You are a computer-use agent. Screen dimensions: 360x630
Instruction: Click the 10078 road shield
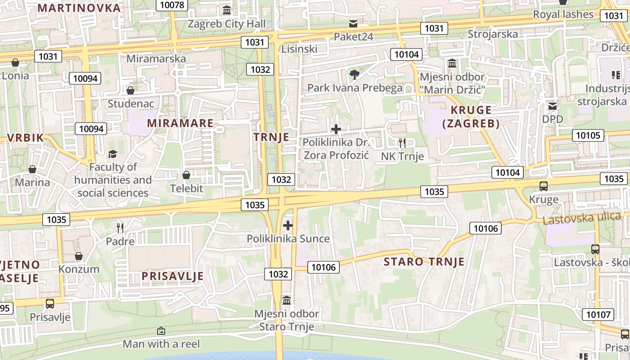172,5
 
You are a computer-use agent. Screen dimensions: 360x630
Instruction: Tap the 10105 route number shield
588,135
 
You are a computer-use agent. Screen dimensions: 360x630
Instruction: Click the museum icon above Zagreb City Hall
227,10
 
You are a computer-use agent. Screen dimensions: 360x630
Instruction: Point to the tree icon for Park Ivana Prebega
355,74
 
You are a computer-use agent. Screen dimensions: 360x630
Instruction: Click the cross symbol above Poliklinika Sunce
288,225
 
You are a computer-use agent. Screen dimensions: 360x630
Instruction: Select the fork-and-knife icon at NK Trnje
402,143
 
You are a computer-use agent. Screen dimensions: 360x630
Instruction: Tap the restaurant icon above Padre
120,228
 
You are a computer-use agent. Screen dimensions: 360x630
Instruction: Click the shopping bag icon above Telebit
186,175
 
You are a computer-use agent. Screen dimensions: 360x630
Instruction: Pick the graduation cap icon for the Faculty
112,154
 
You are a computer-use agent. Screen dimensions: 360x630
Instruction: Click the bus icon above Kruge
543,186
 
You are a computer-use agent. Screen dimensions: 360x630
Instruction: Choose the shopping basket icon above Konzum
79,256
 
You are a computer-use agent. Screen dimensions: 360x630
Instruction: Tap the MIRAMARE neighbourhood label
180,123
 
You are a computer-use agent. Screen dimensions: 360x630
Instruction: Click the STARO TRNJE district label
424,261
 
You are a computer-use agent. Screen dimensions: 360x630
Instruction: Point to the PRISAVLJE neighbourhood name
172,276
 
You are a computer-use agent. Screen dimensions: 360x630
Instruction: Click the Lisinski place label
299,49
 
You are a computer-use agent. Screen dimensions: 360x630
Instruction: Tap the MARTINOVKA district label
79,8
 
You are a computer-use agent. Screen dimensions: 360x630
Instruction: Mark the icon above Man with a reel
161,331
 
